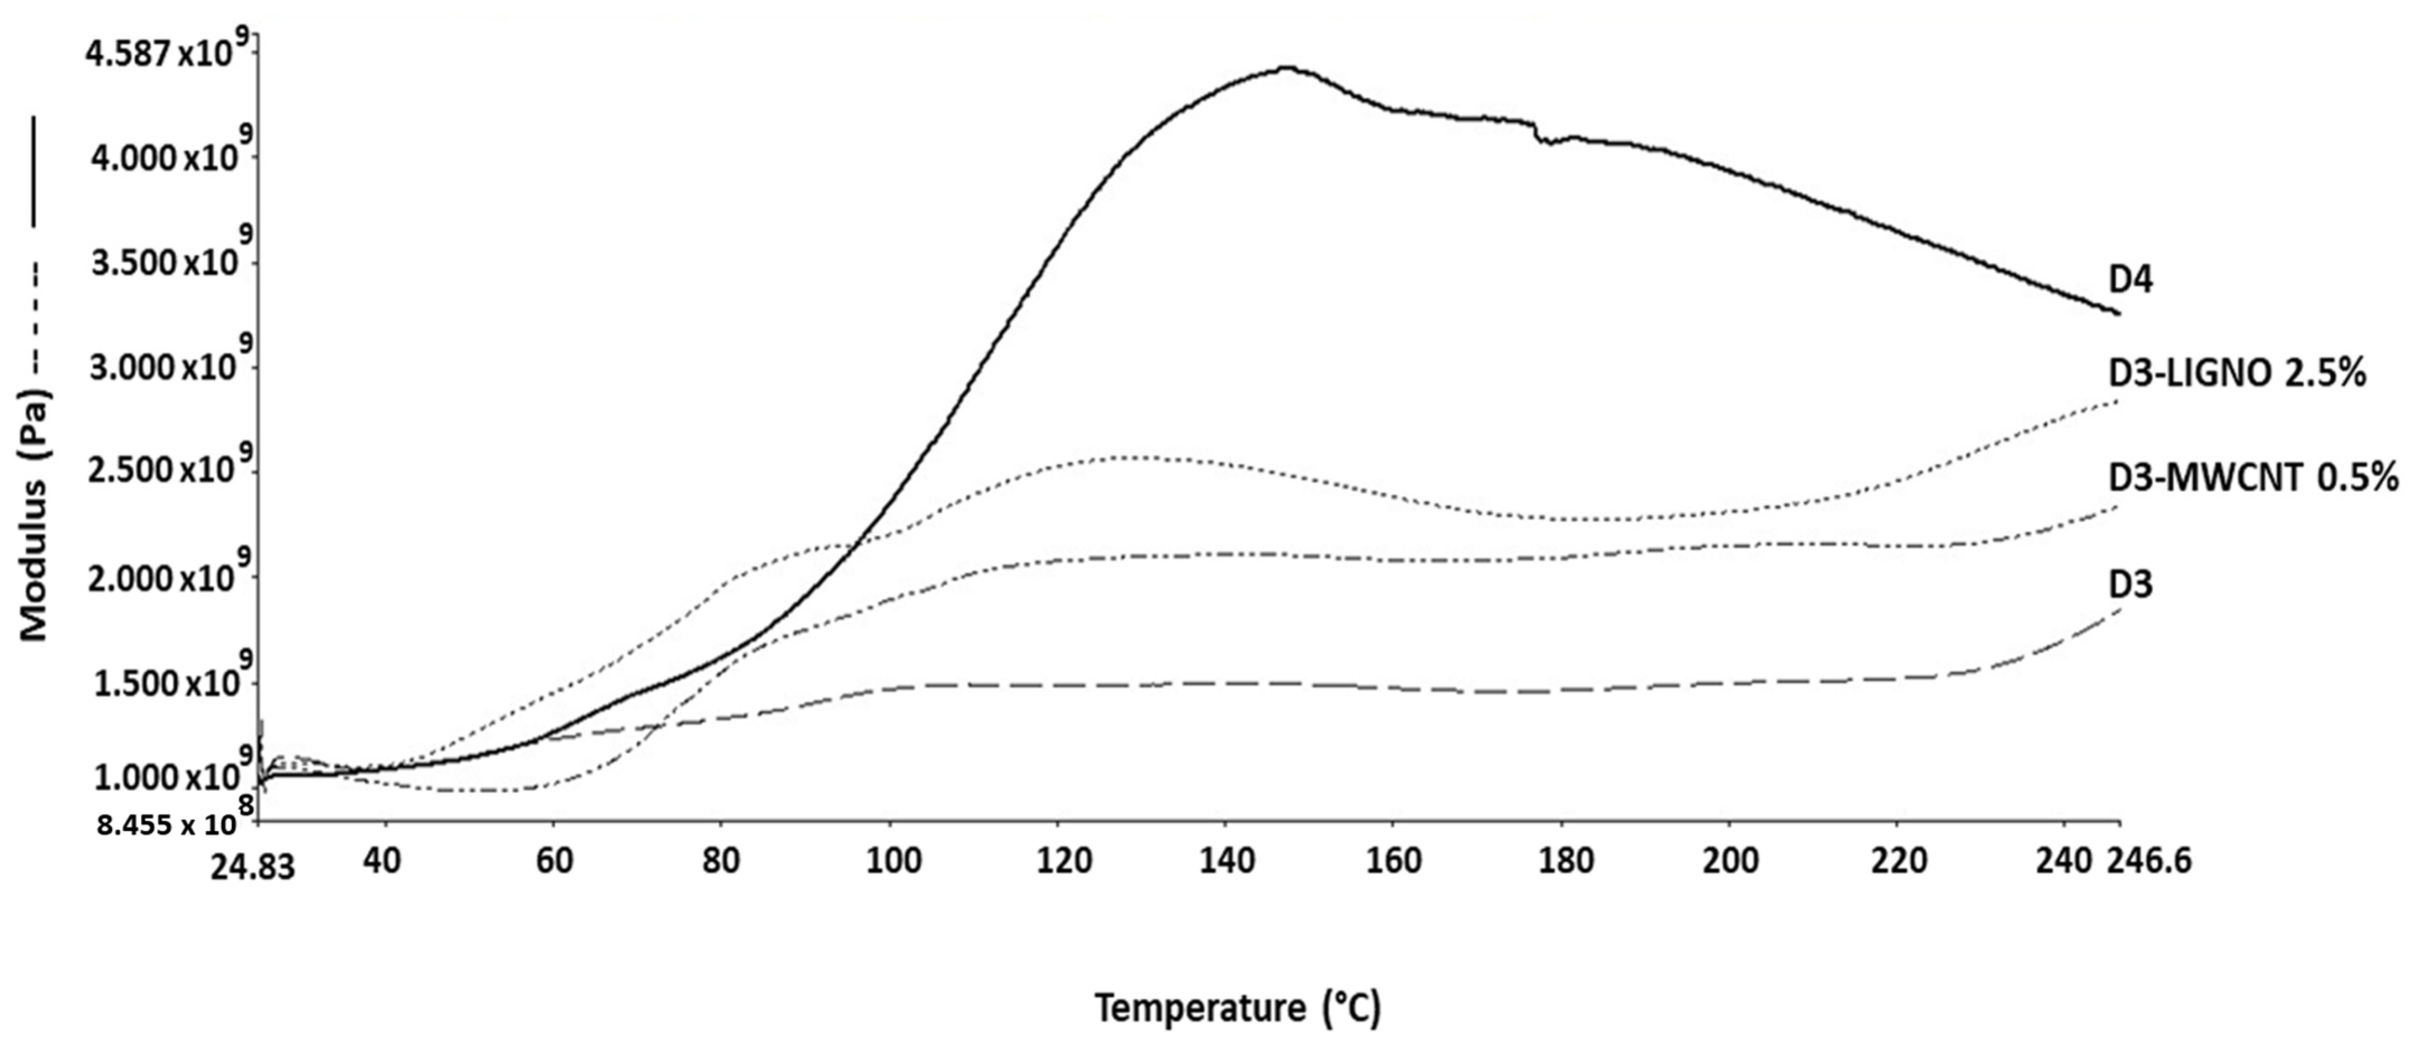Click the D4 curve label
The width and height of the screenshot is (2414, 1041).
[2130, 280]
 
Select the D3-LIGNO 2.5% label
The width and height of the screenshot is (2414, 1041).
[2236, 374]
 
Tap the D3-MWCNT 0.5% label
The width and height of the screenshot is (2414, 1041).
[2252, 479]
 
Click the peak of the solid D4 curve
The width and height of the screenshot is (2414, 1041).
[1290, 68]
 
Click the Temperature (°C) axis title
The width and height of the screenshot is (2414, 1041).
[1238, 1008]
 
